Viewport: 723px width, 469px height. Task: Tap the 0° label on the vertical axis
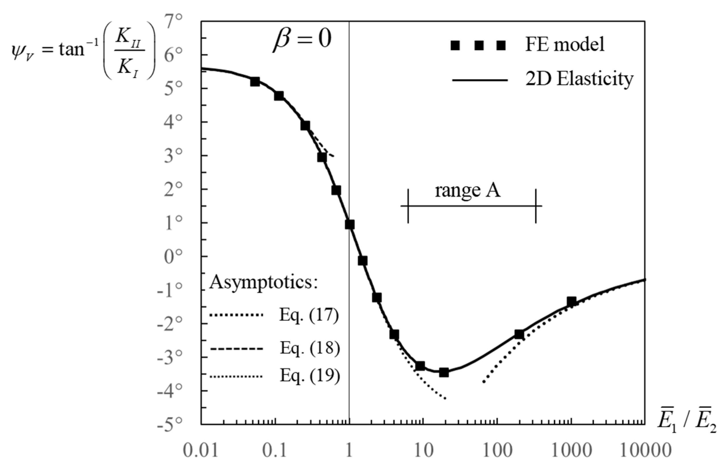coord(174,257)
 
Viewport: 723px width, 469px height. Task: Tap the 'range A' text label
coord(468,190)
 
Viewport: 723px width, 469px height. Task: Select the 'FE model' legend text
coord(565,44)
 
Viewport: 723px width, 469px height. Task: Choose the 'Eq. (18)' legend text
coord(310,348)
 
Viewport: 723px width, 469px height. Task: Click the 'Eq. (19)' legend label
coord(310,376)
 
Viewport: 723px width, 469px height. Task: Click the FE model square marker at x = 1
coord(350,225)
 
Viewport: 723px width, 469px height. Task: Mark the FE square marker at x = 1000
coord(571,302)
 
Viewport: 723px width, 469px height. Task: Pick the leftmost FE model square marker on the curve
coord(255,81)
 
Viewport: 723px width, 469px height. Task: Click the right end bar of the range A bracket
coord(536,206)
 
